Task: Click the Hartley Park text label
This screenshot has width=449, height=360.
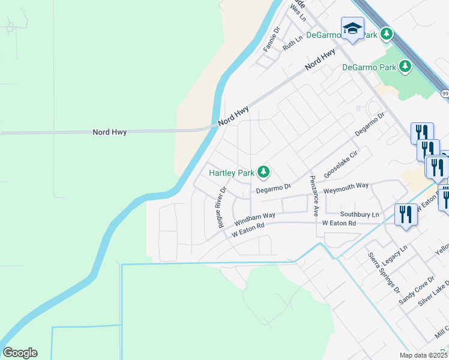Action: [x=232, y=173]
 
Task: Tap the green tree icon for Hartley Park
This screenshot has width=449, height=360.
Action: [x=263, y=173]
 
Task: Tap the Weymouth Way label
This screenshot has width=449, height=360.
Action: [x=346, y=187]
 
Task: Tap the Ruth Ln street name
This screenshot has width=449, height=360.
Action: [x=292, y=43]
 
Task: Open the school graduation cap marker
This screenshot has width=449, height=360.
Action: [x=352, y=28]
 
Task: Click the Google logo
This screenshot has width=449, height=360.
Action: [x=20, y=353]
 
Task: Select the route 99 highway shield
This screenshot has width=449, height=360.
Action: [x=445, y=94]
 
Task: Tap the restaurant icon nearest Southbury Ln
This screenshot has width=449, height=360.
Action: [x=406, y=214]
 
